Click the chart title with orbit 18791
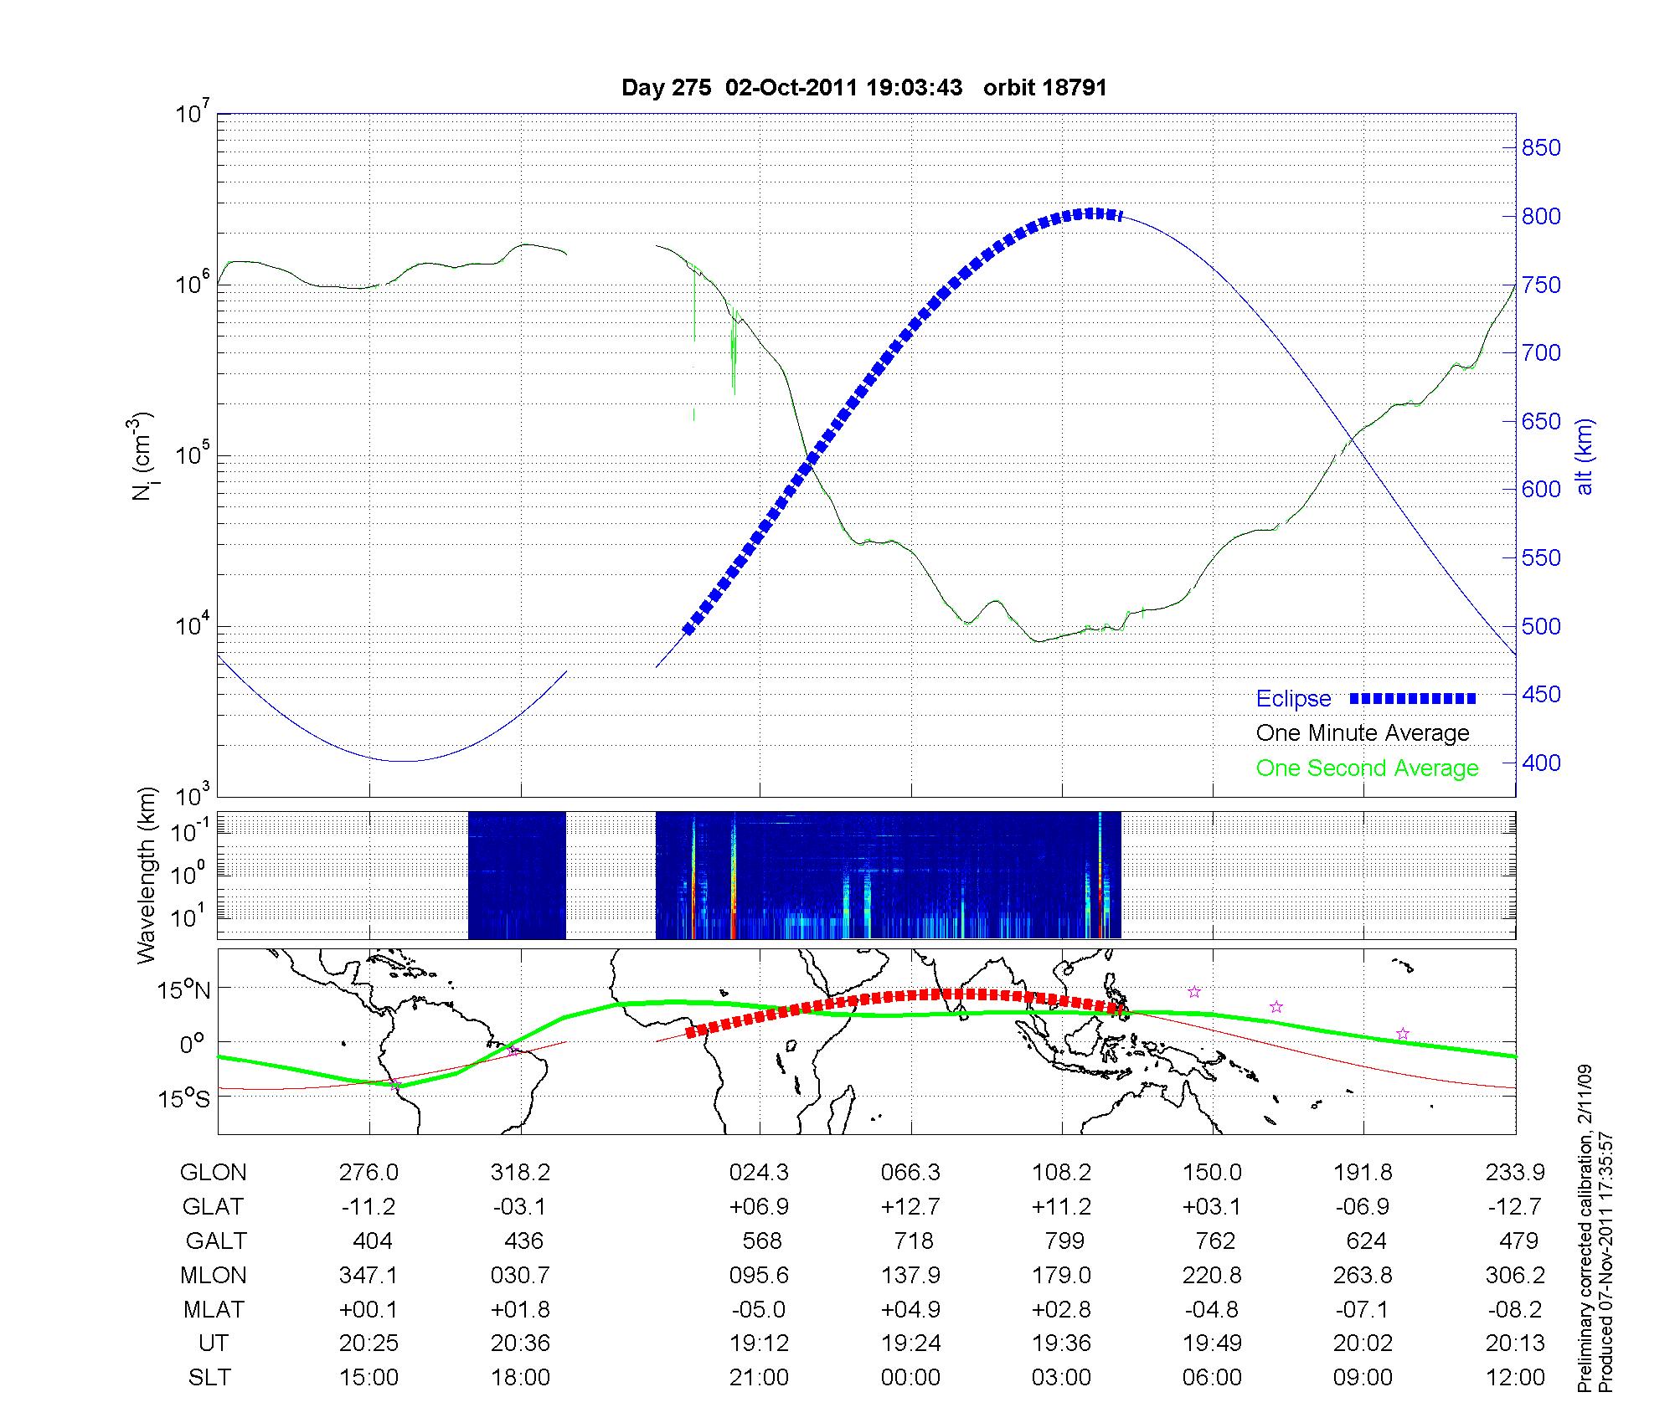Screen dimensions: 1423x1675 pyautogui.click(x=864, y=88)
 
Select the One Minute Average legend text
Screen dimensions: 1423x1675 pyautogui.click(x=1363, y=733)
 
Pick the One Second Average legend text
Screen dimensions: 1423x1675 pyautogui.click(x=1367, y=768)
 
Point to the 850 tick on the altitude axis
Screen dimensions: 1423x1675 pyautogui.click(x=1542, y=148)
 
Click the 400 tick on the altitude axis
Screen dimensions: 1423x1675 pyautogui.click(x=1542, y=763)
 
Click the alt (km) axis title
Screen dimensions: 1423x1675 pyautogui.click(x=1585, y=456)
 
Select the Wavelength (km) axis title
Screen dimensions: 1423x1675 pyautogui.click(x=147, y=875)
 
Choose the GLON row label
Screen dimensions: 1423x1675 pyautogui.click(x=213, y=1173)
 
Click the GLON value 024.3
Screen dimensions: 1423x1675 pyautogui.click(x=759, y=1173)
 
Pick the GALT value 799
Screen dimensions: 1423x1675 pyautogui.click(x=1064, y=1241)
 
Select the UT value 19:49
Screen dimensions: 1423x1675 pyautogui.click(x=1212, y=1343)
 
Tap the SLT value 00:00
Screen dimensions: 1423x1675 pyautogui.click(x=910, y=1377)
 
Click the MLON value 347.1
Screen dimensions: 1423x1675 pyautogui.click(x=368, y=1275)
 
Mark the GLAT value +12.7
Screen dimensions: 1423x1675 pyautogui.click(x=910, y=1207)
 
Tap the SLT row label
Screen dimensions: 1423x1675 pyautogui.click(x=209, y=1377)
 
